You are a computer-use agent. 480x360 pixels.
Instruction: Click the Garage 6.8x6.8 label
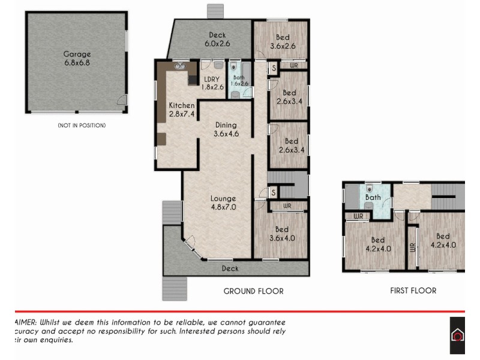[x=77, y=58]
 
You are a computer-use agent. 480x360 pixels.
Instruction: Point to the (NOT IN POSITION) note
[x=82, y=125]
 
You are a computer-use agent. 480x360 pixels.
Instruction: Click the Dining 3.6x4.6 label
[x=226, y=130]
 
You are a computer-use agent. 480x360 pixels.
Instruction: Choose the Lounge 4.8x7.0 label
[x=223, y=203]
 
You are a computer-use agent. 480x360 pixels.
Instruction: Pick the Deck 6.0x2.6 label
[x=217, y=39]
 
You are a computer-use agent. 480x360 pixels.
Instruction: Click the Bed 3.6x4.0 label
[x=282, y=233]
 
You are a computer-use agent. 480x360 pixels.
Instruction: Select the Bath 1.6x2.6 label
[x=239, y=80]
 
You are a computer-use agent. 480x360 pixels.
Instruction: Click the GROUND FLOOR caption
[x=253, y=291]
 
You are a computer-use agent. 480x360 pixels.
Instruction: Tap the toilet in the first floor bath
[x=371, y=187]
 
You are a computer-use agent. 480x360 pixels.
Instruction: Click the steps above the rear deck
[x=215, y=12]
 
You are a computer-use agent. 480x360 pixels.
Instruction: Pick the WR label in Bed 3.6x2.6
[x=294, y=65]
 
